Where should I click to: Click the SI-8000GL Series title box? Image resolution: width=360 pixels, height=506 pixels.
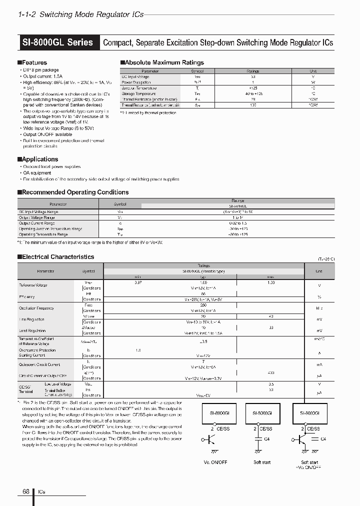[x=58, y=42]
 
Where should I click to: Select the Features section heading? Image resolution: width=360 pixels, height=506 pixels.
[x=34, y=62]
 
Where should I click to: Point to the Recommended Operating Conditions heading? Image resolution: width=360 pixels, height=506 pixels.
[x=75, y=192]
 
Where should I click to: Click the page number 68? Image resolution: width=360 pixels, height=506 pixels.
[x=26, y=491]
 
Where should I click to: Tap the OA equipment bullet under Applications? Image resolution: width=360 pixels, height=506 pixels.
[x=37, y=172]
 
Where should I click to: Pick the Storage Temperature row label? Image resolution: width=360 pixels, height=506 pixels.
[x=138, y=93]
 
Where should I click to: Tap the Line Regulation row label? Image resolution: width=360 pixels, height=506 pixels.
[x=31, y=319]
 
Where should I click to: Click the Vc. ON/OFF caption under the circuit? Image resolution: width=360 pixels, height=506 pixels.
[x=216, y=462]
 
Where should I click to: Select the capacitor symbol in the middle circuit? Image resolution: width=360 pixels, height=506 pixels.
[x=258, y=439]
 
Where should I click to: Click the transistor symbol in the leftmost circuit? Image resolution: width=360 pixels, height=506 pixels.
[x=209, y=439]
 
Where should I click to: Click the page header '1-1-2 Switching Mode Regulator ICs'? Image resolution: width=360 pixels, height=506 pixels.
[x=81, y=14]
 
